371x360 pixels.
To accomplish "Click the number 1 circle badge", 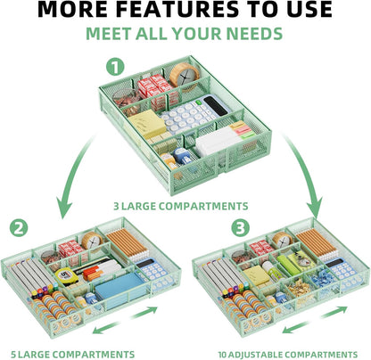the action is point(115,67).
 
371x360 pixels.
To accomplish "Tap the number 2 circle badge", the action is point(19,228).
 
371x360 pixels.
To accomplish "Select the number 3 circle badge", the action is point(240,228).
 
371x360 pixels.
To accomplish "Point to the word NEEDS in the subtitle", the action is point(254,34).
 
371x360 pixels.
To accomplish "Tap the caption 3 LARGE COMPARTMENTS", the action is point(181,206).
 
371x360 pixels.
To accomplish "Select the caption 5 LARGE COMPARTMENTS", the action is point(73,355).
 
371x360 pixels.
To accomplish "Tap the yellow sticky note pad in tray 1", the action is point(147,124).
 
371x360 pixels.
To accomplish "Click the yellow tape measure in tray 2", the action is point(67,276).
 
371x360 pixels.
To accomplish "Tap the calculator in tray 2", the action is point(153,272).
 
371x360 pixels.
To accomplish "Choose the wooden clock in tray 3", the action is point(283,240).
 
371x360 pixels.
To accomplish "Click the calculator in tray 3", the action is point(342,270).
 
